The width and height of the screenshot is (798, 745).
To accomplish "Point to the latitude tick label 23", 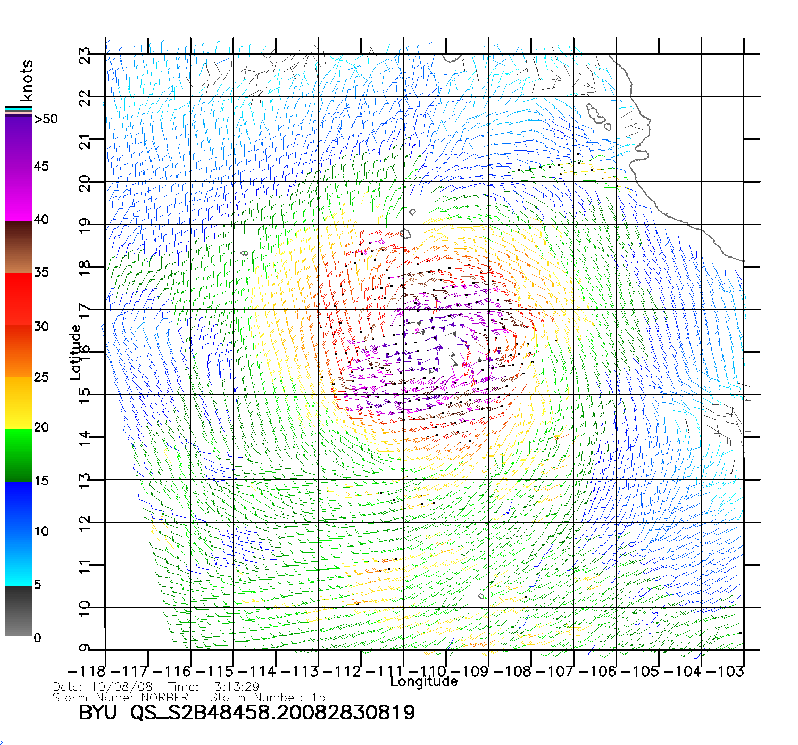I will pyautogui.click(x=85, y=56).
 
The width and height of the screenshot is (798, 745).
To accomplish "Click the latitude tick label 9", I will pyautogui.click(x=85, y=648).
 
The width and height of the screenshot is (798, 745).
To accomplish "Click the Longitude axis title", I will pyautogui.click(x=424, y=682).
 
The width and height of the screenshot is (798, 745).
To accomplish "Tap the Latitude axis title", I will pyautogui.click(x=76, y=352).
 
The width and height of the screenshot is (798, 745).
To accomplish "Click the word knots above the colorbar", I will pyautogui.click(x=27, y=80).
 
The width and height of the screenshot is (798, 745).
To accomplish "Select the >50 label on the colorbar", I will pyautogui.click(x=46, y=119).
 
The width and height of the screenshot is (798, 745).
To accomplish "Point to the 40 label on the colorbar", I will pyautogui.click(x=41, y=219).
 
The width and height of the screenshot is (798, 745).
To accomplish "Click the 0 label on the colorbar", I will pyautogui.click(x=37, y=638).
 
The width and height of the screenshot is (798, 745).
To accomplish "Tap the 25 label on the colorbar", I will pyautogui.click(x=41, y=377).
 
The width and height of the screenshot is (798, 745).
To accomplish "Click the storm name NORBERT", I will pyautogui.click(x=168, y=697).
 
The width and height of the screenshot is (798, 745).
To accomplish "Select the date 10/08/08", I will pyautogui.click(x=122, y=687).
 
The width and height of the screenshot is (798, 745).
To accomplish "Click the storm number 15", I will pyautogui.click(x=318, y=697).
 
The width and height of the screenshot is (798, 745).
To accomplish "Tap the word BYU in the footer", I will pyautogui.click(x=97, y=713).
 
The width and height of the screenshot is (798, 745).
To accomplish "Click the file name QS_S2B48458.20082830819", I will pyautogui.click(x=272, y=713).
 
